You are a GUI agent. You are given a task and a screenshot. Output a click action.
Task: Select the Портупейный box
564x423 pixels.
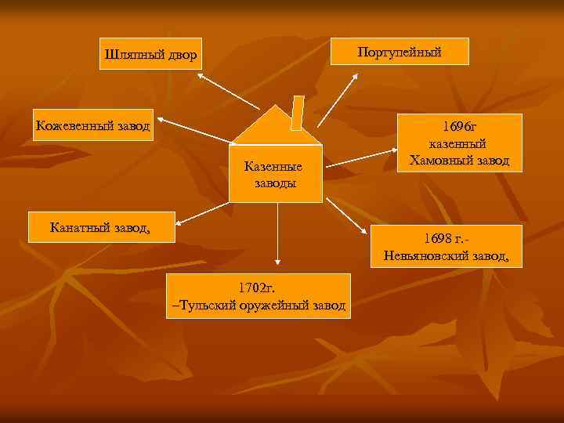click(x=399, y=52)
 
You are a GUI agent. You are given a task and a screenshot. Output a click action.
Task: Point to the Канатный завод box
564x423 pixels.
click(x=102, y=227)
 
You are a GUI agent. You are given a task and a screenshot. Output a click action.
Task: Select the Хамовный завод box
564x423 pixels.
click(x=459, y=144)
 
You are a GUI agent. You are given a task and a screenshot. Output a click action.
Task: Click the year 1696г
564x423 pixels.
click(x=459, y=126)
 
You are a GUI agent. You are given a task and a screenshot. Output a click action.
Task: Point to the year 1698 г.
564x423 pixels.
click(x=444, y=237)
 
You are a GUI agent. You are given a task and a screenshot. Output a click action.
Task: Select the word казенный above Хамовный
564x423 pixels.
click(x=458, y=144)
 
